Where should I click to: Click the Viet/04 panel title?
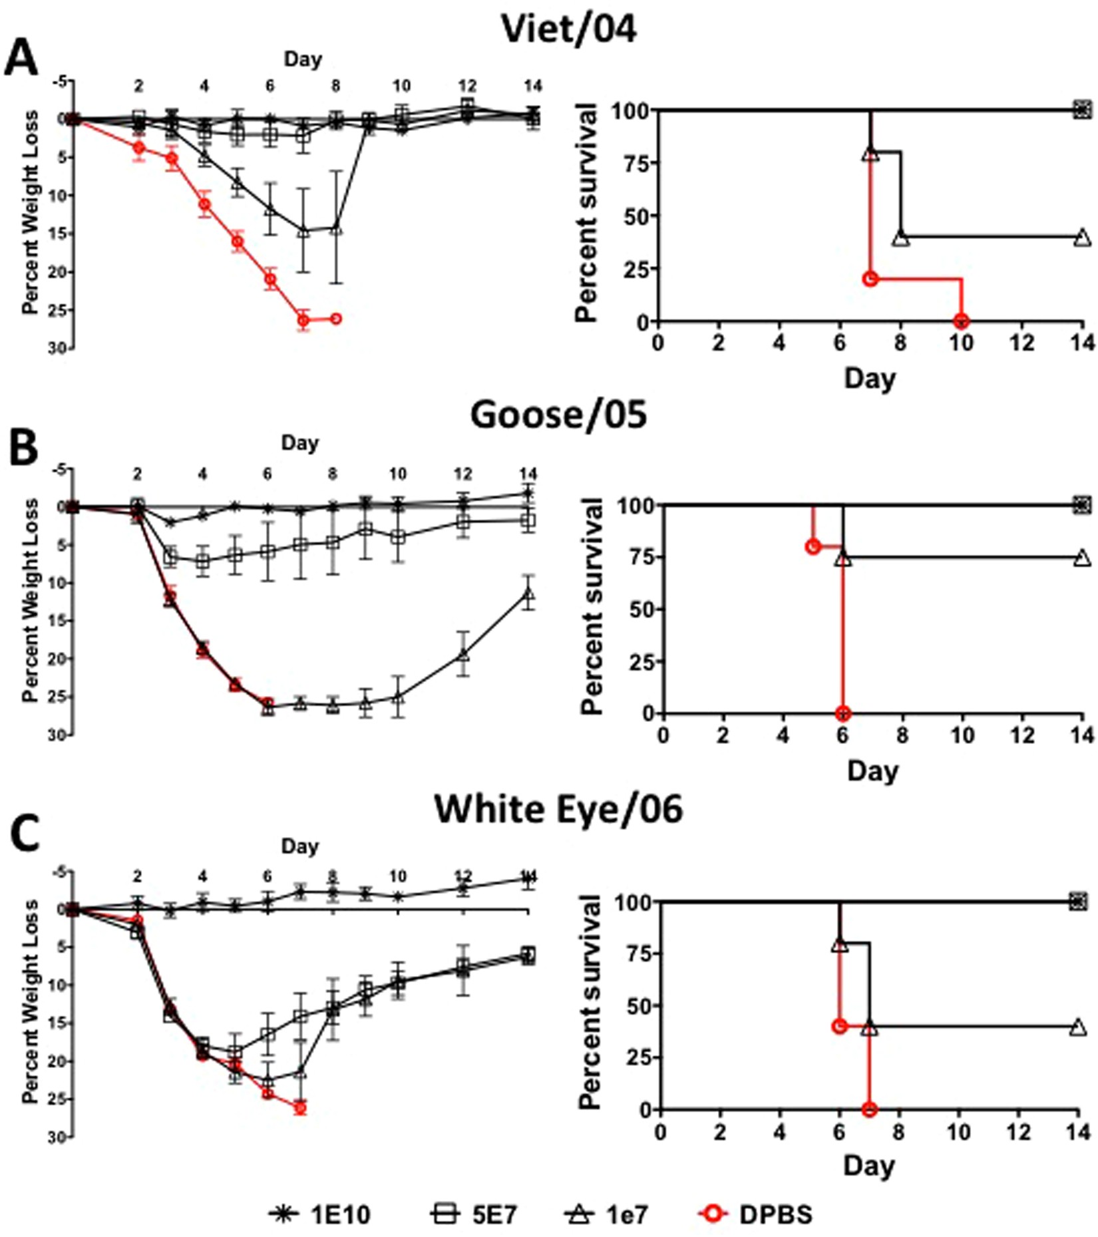569,30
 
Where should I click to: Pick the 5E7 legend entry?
474,1214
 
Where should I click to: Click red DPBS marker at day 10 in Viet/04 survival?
960,321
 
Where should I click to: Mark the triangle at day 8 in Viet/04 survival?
900,238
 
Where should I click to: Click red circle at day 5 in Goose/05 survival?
813,546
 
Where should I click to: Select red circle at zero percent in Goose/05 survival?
842,713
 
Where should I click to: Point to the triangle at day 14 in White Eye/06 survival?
1079,1027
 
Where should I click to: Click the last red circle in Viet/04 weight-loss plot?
336,319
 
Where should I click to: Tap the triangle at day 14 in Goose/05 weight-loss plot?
528,594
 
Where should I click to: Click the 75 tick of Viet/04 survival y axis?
636,162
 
